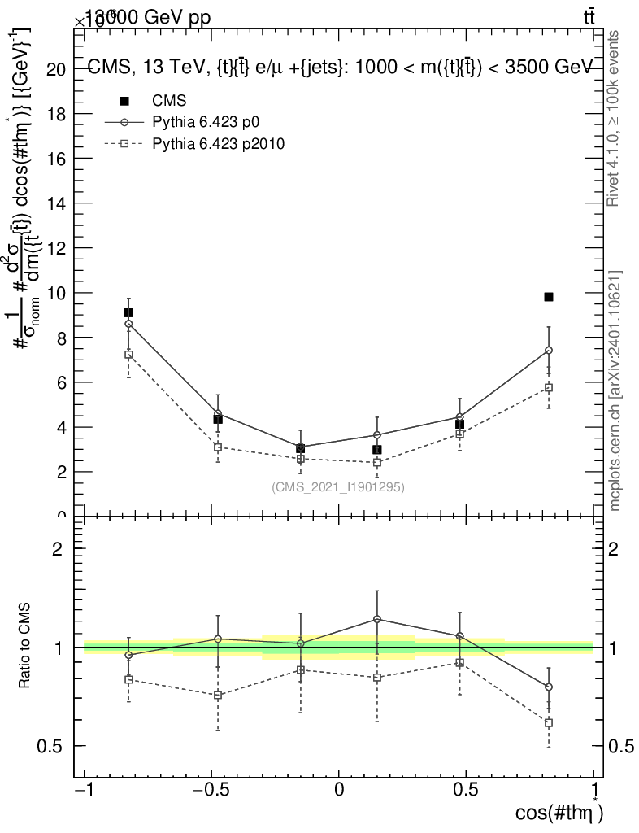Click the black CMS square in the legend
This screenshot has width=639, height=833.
coord(124,101)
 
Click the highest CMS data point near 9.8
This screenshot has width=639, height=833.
coord(549,297)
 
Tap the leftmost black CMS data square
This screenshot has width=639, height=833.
coord(128,312)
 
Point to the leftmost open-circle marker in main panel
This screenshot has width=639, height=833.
coord(128,324)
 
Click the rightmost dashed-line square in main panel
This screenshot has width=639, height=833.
coord(549,387)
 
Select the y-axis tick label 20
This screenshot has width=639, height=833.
coord(56,69)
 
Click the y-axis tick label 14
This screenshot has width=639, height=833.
coord(56,203)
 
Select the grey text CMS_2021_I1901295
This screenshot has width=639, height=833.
coord(338,486)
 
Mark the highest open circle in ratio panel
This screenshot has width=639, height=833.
coord(376,619)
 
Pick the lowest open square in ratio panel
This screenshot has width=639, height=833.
coord(549,722)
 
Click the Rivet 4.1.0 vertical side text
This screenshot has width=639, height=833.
coord(615,118)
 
